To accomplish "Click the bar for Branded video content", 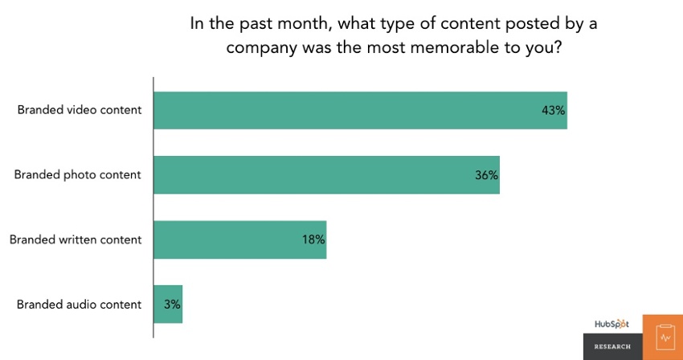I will coord(360,110).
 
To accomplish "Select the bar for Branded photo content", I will coord(326,174).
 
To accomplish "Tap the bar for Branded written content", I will coord(239,239).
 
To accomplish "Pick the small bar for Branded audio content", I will coord(168,305).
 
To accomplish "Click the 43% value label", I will coord(554,110).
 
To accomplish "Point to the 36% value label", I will coord(486,174).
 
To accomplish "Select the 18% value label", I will coord(313,239).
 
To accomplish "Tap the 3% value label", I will coord(172,305).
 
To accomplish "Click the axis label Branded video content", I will coord(80,110).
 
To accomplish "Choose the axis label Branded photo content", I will coord(78,174).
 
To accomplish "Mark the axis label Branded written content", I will coord(75,239).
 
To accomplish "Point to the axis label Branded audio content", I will coord(79,305).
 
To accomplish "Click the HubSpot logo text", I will coord(612,324).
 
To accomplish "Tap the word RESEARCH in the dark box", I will coord(612,346).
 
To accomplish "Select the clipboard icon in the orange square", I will coord(663,337).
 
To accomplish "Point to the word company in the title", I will coord(257,47).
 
